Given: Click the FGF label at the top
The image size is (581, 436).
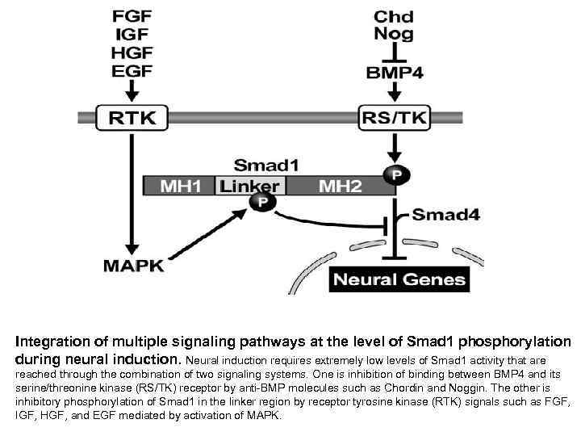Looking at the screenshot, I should [x=131, y=16].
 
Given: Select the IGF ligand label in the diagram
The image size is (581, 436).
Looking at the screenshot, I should [x=131, y=34].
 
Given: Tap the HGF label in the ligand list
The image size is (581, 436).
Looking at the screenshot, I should [x=131, y=52].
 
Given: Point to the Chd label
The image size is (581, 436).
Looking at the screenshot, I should [x=395, y=16].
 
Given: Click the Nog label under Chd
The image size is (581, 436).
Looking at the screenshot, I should [x=395, y=33].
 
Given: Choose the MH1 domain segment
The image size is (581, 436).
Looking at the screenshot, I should [x=180, y=186].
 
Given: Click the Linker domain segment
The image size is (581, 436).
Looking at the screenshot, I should [x=250, y=186].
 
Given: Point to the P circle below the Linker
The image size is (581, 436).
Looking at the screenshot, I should [x=261, y=202].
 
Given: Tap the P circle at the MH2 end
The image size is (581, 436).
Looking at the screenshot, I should [x=395, y=174].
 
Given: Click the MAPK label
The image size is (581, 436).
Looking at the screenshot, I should [x=133, y=264].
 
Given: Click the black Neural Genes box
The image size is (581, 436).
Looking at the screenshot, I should [x=399, y=279].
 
